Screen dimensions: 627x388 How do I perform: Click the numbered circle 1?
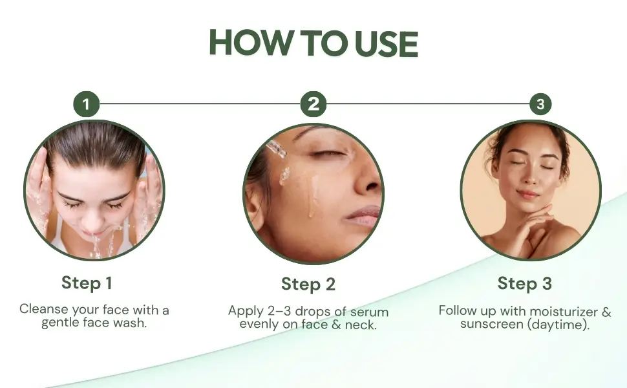coord(87,104)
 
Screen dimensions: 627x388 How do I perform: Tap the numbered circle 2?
coord(313,104)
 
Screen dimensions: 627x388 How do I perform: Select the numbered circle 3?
coord(540,104)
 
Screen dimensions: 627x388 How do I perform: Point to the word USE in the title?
coord(387,43)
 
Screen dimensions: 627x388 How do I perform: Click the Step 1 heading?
coord(87,283)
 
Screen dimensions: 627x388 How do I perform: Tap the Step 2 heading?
coord(308,285)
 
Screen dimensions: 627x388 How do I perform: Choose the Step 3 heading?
coord(525,284)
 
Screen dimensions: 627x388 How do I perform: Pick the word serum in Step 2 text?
coord(369,312)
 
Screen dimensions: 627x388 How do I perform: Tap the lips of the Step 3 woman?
coord(527,195)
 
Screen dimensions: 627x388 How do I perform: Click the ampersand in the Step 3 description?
coord(606,311)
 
